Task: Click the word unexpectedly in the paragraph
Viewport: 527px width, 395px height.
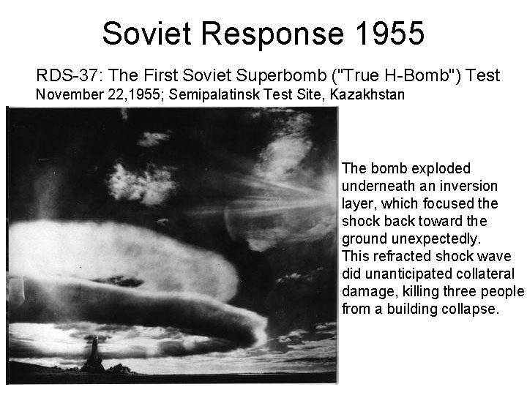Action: (435, 238)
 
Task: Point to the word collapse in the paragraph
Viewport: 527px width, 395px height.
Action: (471, 309)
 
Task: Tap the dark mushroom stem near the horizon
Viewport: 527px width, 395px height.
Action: (93, 355)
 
